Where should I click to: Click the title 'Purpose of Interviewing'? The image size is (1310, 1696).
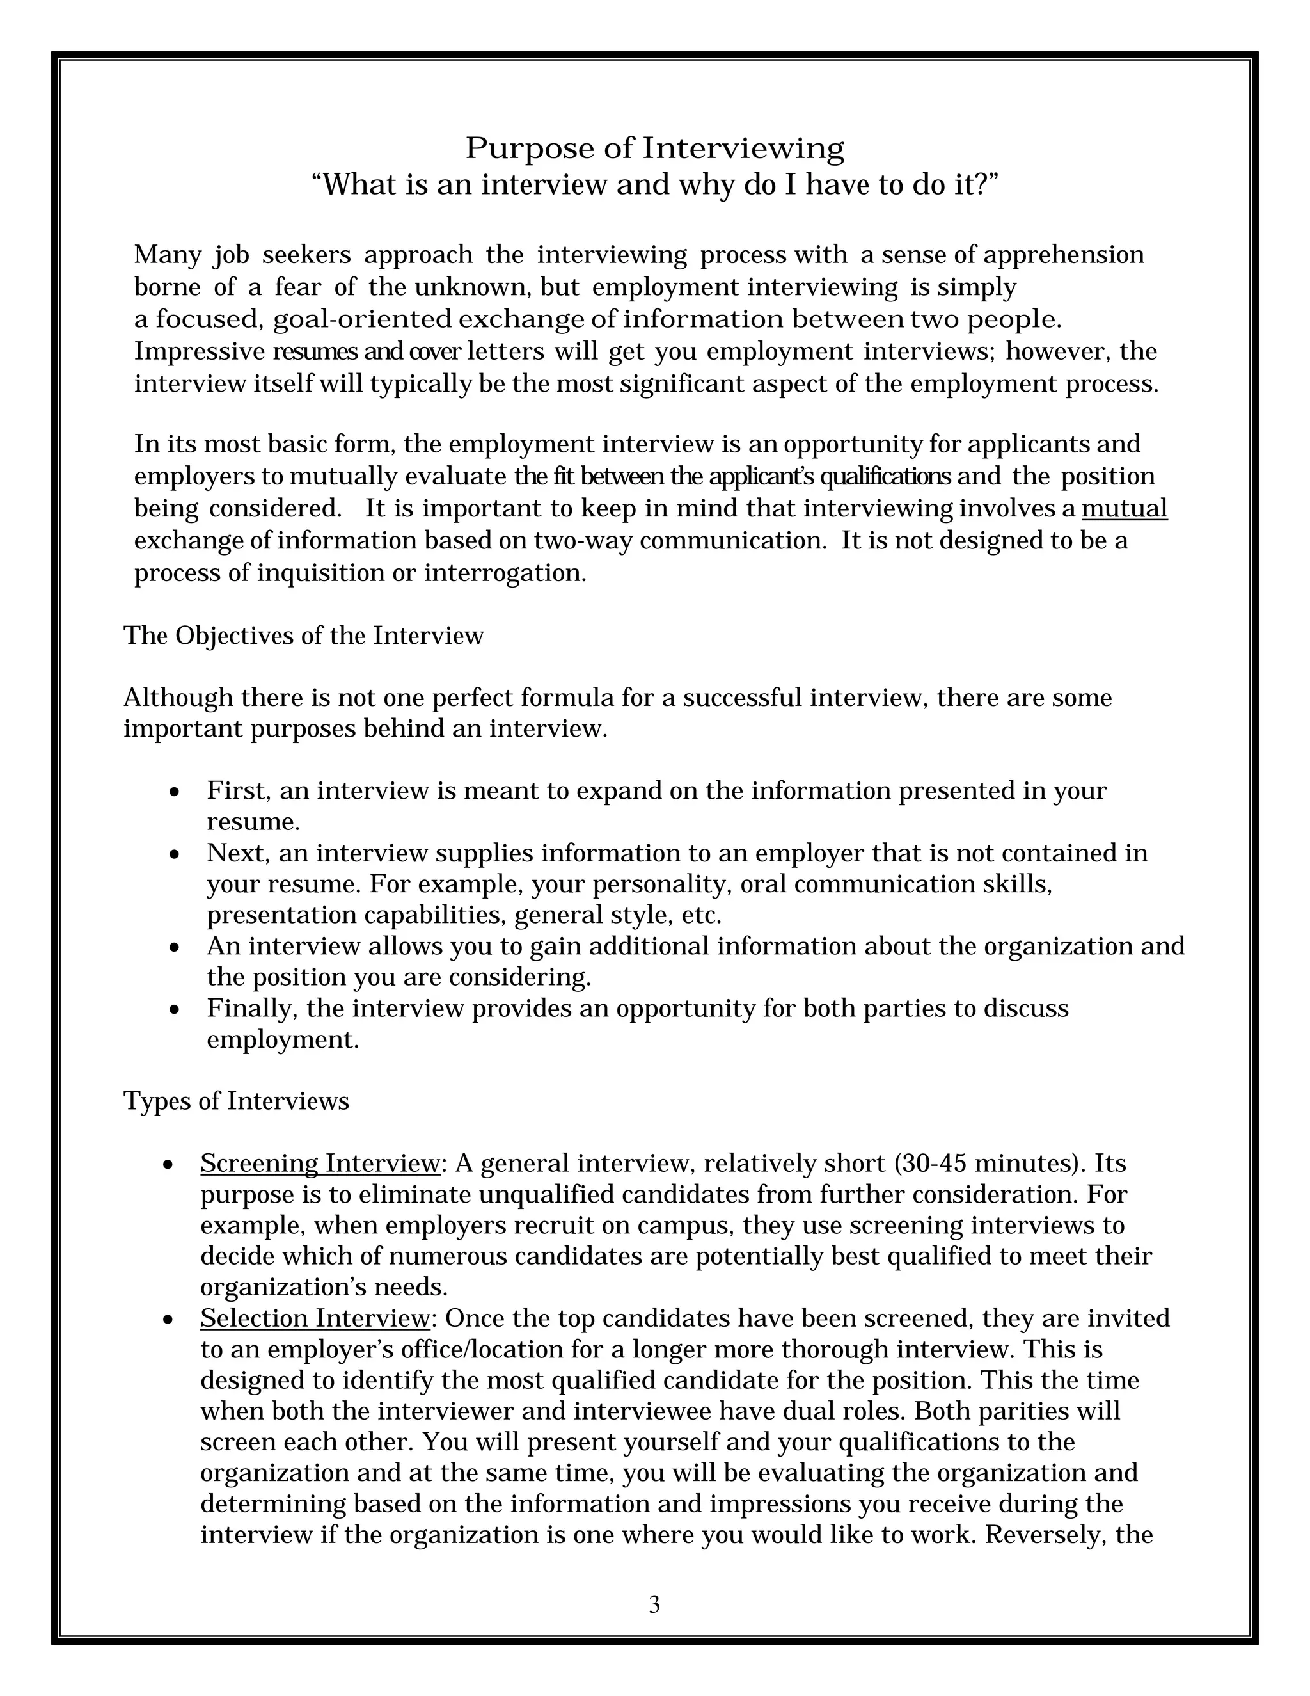point(654,148)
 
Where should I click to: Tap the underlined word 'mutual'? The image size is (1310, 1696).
point(1124,509)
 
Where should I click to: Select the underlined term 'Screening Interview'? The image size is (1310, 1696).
point(320,1164)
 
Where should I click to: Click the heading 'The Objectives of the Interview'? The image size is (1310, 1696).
point(303,636)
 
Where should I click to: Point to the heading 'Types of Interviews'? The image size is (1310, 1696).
point(236,1101)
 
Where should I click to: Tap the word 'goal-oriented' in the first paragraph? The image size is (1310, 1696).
point(361,319)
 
